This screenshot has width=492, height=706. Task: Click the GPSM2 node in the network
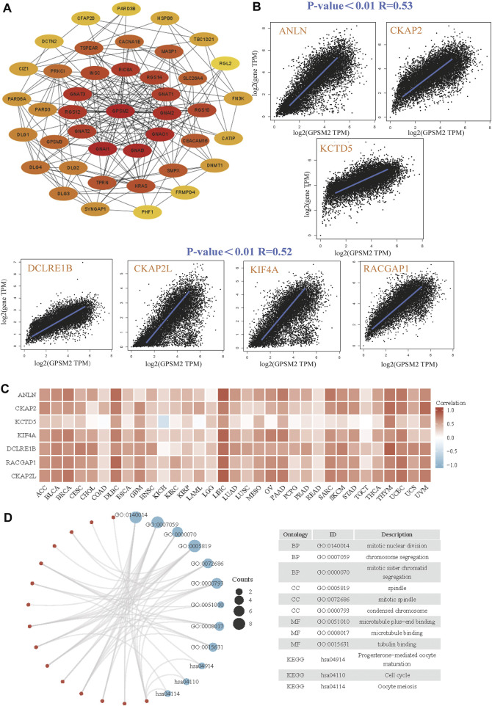tap(116, 110)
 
